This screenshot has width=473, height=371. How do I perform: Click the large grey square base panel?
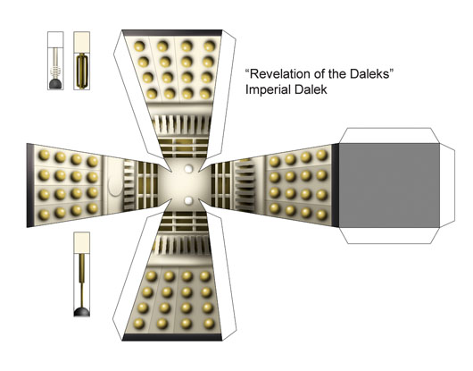click(x=389, y=185)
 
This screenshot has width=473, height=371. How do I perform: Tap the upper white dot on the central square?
click(x=188, y=169)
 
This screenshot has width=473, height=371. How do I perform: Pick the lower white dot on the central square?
click(x=188, y=200)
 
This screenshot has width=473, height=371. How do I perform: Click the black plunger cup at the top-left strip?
click(x=55, y=84)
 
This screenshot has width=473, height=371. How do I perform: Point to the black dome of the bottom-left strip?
click(x=82, y=312)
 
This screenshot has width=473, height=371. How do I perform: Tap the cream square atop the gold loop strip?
click(x=82, y=39)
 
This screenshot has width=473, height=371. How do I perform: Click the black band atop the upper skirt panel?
click(x=172, y=32)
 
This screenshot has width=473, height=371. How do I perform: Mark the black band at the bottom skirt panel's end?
click(x=172, y=337)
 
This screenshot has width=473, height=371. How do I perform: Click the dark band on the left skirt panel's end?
click(x=30, y=186)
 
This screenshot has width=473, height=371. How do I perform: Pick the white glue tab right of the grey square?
click(x=447, y=185)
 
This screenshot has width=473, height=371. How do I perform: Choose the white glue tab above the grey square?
click(x=389, y=136)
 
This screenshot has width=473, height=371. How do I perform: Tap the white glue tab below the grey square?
click(x=389, y=235)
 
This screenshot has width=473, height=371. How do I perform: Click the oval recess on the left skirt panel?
click(x=114, y=186)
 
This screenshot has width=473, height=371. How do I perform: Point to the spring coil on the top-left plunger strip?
click(x=55, y=72)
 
